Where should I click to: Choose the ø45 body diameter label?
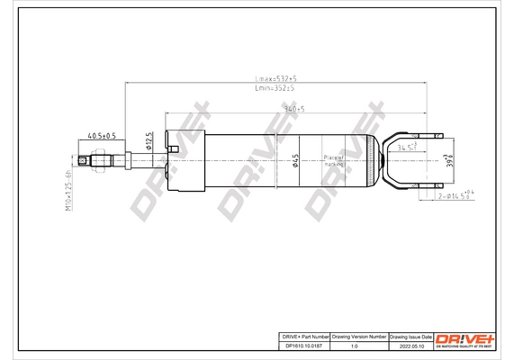pos(296,161)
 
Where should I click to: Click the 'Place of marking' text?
pos(335,161)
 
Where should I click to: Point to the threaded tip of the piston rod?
pos(84,162)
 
